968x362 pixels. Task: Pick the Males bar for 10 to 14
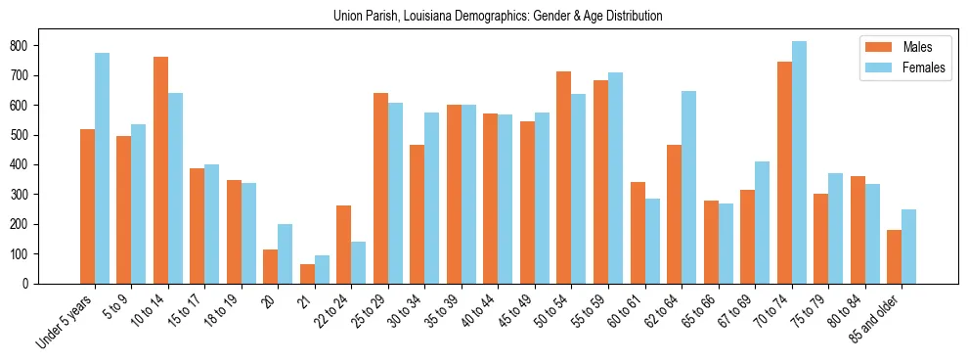coord(160,170)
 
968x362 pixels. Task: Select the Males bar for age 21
coord(307,274)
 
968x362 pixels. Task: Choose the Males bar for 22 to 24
coord(344,245)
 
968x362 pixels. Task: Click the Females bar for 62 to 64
coord(688,187)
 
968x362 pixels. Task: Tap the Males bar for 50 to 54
coord(564,177)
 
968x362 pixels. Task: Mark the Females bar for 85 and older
coord(908,247)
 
